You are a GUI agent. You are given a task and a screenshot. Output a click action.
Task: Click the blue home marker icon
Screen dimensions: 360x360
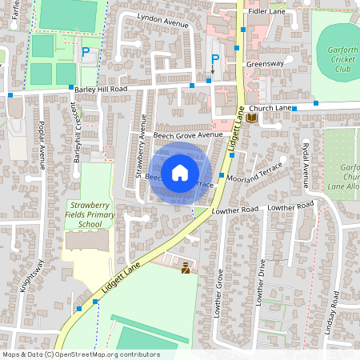180,173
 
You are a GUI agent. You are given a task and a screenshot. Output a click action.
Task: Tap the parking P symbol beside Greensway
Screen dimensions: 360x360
214,60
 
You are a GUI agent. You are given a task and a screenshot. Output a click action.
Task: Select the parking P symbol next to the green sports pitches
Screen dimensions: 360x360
86,52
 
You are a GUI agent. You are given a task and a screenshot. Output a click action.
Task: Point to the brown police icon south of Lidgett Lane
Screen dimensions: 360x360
186,268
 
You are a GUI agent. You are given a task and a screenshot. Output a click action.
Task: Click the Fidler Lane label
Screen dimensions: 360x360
268,12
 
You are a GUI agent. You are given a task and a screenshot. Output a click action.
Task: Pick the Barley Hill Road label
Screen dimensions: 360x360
101,90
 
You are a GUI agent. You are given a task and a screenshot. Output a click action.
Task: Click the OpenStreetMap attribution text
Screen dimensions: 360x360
81,354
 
